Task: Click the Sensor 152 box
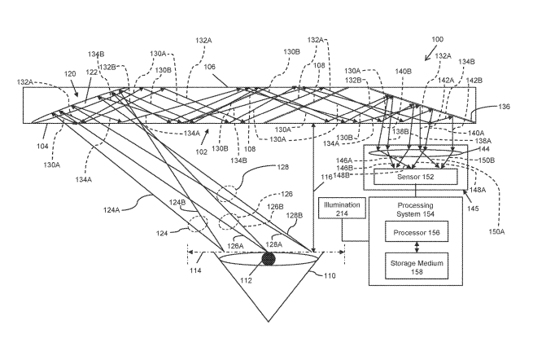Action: pyautogui.click(x=415, y=177)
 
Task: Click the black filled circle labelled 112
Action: pyautogui.click(x=269, y=259)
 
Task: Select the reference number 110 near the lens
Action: pyautogui.click(x=329, y=276)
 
